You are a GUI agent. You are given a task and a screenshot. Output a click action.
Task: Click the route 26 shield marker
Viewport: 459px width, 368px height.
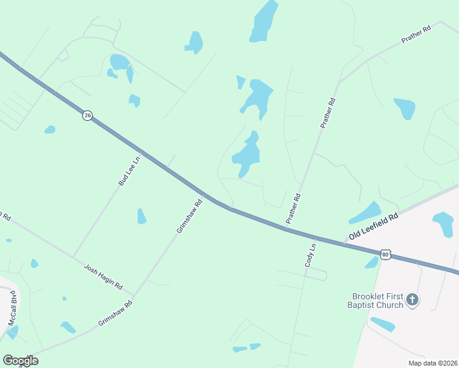pyautogui.click(x=88, y=115)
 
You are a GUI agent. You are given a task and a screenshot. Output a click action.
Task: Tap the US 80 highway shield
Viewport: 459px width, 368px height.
pyautogui.click(x=385, y=255)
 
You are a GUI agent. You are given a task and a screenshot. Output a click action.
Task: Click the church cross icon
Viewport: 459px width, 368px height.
pyautogui.click(x=412, y=300)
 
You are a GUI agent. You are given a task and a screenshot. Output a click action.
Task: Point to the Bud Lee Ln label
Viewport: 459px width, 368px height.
pyautogui.click(x=129, y=171)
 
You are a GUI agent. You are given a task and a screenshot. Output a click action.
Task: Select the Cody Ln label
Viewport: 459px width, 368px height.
pyautogui.click(x=310, y=255)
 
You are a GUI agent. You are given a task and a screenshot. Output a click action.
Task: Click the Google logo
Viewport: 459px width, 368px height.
pyautogui.click(x=20, y=361)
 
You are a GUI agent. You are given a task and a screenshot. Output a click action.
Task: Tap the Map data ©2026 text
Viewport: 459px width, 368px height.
pyautogui.click(x=433, y=362)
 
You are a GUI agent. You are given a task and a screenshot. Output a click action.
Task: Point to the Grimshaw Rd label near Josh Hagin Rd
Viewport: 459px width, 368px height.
pyautogui.click(x=115, y=313)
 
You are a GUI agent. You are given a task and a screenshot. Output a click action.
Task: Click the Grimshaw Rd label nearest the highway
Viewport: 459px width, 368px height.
pyautogui.click(x=190, y=217)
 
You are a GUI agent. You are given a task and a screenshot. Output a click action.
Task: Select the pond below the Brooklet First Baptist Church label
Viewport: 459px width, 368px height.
pyautogui.click(x=382, y=324)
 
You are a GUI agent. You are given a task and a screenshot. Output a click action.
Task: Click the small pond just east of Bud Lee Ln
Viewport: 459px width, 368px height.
pyautogui.click(x=142, y=217)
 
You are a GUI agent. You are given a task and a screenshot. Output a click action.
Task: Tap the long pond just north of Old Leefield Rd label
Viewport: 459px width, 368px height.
pyautogui.click(x=365, y=213)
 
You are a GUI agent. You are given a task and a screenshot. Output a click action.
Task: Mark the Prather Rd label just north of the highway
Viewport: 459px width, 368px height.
pyautogui.click(x=293, y=208)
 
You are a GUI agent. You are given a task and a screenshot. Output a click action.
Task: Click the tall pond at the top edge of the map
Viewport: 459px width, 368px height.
pyautogui.click(x=264, y=21)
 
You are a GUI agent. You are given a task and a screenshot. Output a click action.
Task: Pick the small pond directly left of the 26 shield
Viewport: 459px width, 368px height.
pyautogui.click(x=50, y=129)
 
